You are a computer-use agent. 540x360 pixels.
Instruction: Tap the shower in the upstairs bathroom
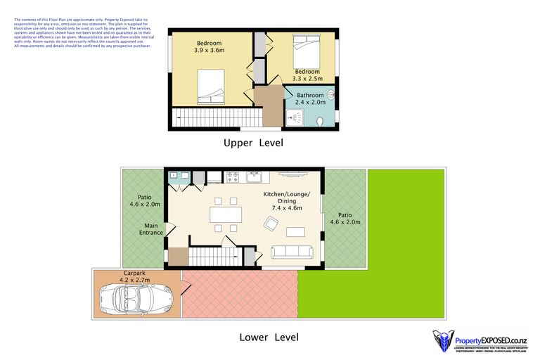tap(293, 120)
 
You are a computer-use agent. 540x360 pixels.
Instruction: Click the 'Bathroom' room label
tap(310, 95)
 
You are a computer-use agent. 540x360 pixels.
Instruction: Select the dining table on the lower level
tap(226, 214)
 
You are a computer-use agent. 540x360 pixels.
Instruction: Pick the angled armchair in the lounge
tap(271, 224)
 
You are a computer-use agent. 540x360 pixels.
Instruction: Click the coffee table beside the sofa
tap(295, 231)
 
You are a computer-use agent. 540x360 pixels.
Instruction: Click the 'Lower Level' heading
tap(269, 337)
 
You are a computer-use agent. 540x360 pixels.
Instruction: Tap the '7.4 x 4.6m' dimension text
tap(286, 207)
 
